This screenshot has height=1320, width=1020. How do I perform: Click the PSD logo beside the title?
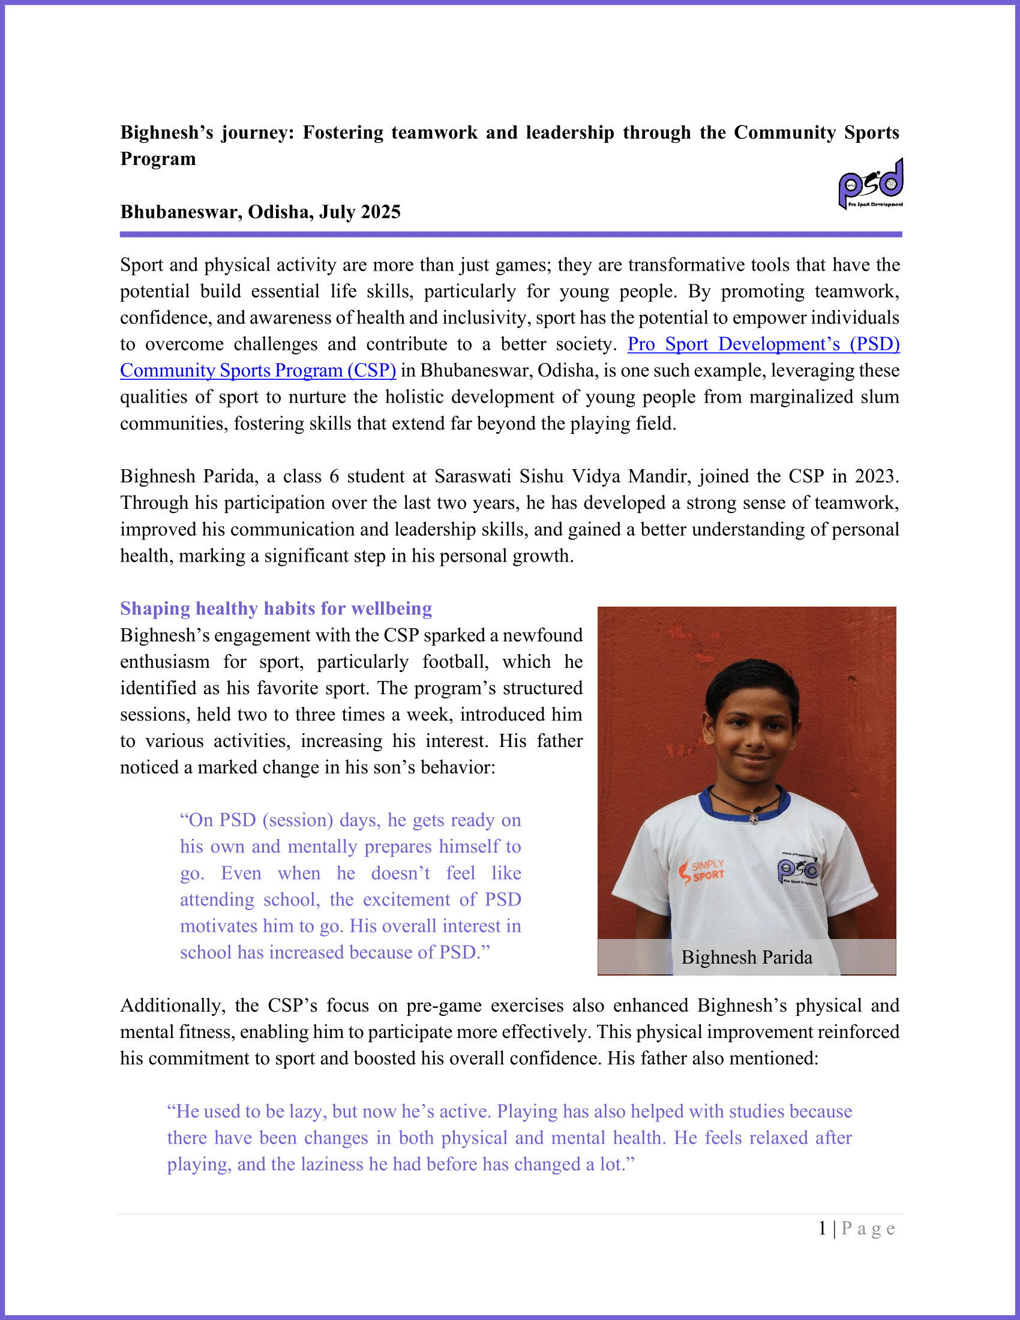point(870,184)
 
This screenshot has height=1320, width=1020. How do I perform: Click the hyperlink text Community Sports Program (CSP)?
point(258,370)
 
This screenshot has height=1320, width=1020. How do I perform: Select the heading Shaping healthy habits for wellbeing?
point(276,608)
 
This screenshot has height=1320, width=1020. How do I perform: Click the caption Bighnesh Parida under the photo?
point(746,958)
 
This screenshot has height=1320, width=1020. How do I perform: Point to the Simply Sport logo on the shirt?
point(701,871)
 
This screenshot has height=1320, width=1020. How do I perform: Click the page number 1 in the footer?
point(823,1229)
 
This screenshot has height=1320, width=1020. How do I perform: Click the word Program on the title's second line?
point(158,159)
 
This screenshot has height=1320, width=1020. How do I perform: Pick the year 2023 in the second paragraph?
point(876,476)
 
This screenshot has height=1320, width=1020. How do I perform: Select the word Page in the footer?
point(868,1229)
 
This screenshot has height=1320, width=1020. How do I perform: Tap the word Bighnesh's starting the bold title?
point(167,133)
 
